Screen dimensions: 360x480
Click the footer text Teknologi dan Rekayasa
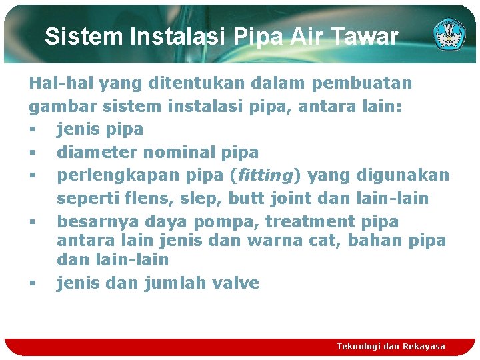[x=391, y=346]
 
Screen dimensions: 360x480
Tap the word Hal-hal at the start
[x=57, y=83]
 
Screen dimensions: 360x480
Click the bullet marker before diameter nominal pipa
[x=32, y=153]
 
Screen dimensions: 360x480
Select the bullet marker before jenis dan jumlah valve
[x=32, y=283]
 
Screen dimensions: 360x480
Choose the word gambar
[x=61, y=106]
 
